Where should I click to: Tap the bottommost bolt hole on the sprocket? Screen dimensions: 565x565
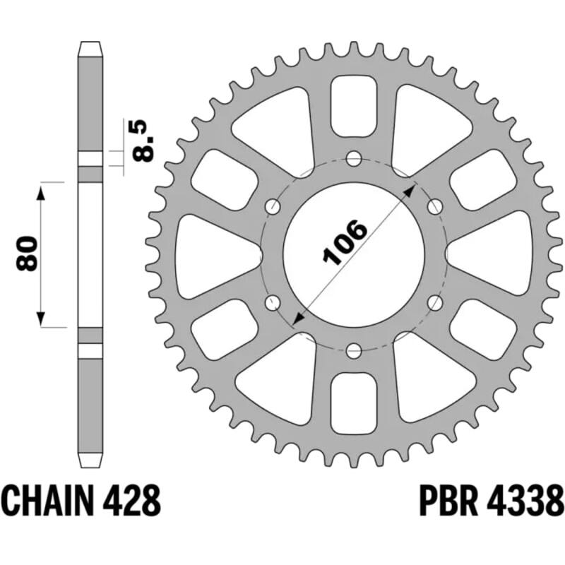(354, 349)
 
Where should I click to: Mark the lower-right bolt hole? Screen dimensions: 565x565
(436, 302)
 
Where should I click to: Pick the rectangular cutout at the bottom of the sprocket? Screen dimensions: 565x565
(354, 399)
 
